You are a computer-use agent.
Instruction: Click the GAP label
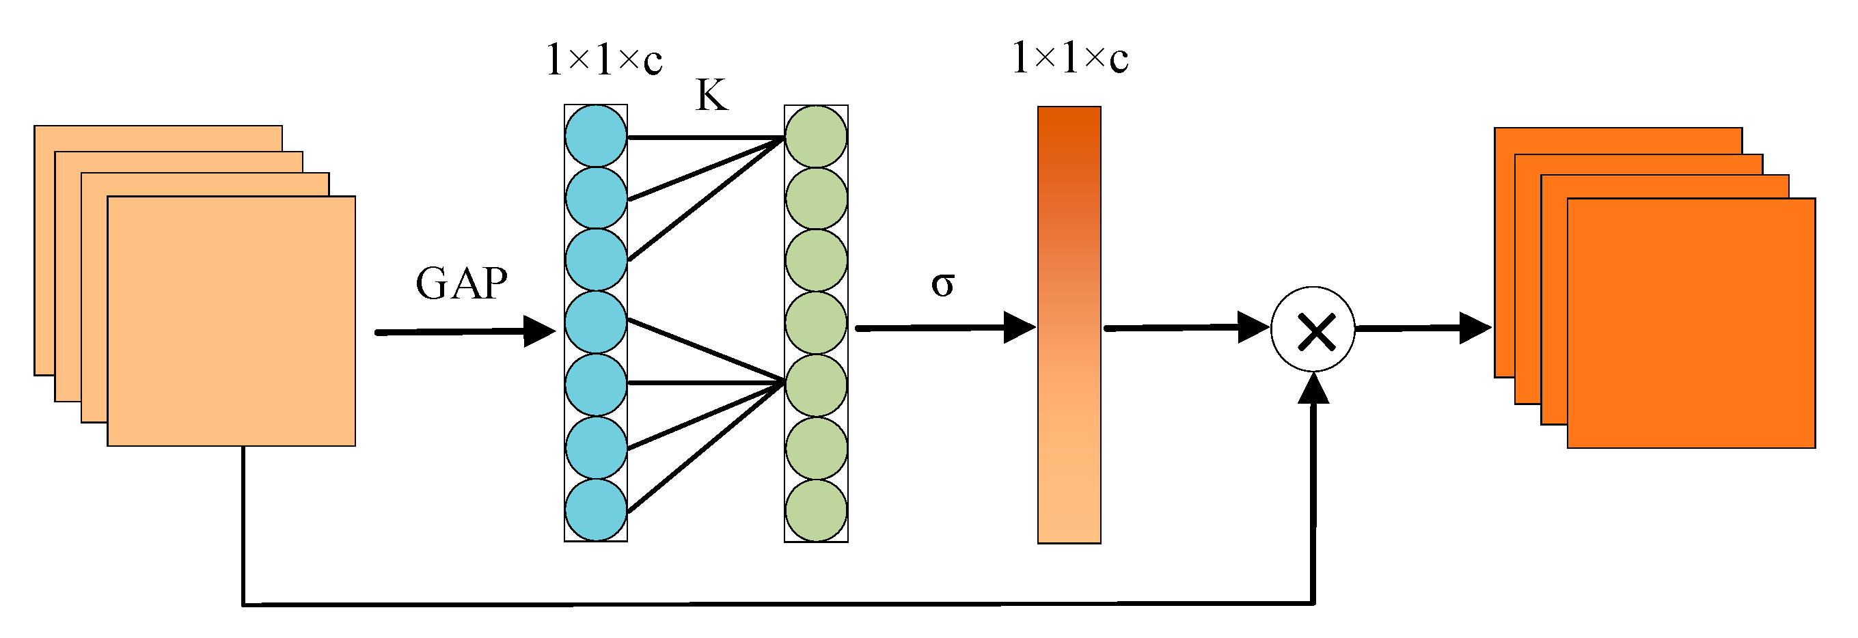pyautogui.click(x=462, y=283)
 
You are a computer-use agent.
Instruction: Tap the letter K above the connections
pyautogui.click(x=711, y=95)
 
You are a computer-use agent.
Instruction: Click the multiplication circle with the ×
pyautogui.click(x=1313, y=329)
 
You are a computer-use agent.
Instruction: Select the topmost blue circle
pyautogui.click(x=596, y=136)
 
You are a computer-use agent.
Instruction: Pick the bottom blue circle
pyautogui.click(x=596, y=510)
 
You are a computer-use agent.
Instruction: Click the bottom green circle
pyautogui.click(x=816, y=510)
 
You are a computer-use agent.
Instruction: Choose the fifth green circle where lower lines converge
pyautogui.click(x=816, y=385)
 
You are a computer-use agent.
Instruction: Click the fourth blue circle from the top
pyautogui.click(x=596, y=322)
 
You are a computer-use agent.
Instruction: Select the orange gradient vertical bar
pyautogui.click(x=1069, y=324)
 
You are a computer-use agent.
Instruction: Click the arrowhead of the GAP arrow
pyautogui.click(x=540, y=331)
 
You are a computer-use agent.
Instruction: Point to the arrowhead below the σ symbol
pyautogui.click(x=1020, y=328)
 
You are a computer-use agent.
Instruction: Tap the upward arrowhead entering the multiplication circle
pyautogui.click(x=1313, y=389)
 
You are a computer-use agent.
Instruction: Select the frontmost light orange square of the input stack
pyautogui.click(x=231, y=321)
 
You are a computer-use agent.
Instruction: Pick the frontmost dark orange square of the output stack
pyautogui.click(x=1691, y=323)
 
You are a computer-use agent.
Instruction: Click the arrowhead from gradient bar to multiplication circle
pyautogui.click(x=1253, y=327)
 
